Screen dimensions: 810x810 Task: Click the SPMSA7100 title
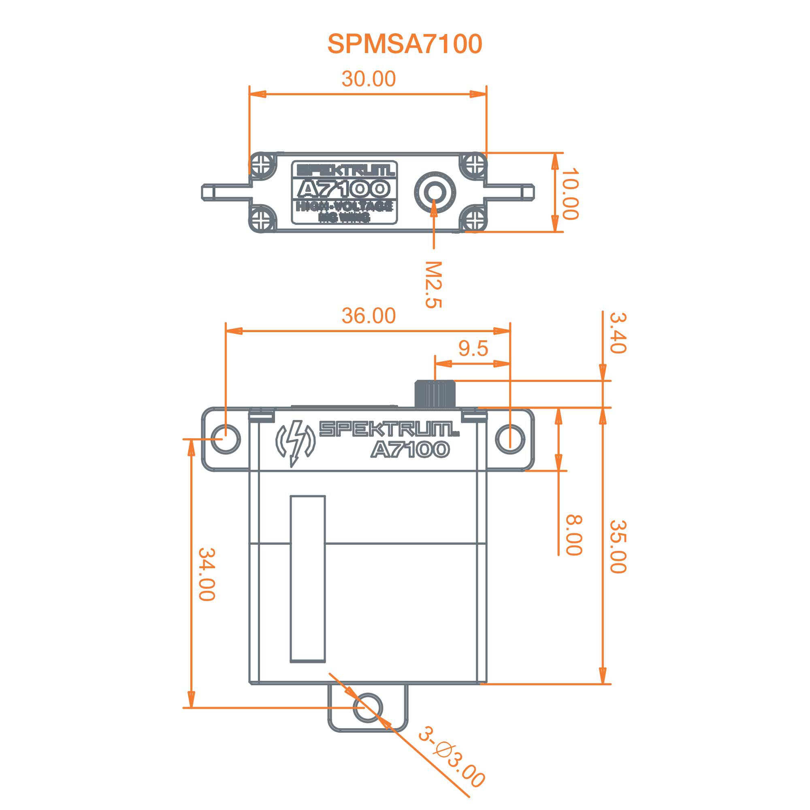(x=405, y=44)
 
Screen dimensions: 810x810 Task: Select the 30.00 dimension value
(x=369, y=79)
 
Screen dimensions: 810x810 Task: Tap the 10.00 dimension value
(x=570, y=194)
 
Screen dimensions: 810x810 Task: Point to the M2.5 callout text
(x=433, y=285)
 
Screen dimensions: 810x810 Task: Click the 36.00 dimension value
(x=369, y=316)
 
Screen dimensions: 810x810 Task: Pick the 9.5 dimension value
(x=473, y=348)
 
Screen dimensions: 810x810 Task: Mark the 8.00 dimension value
(x=573, y=535)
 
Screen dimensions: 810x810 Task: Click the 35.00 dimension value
(x=618, y=546)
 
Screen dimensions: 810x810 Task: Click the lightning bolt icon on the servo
(x=296, y=443)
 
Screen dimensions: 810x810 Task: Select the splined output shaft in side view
(x=435, y=394)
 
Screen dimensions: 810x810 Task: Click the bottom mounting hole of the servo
(x=368, y=707)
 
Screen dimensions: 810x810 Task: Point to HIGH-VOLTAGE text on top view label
(x=344, y=206)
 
